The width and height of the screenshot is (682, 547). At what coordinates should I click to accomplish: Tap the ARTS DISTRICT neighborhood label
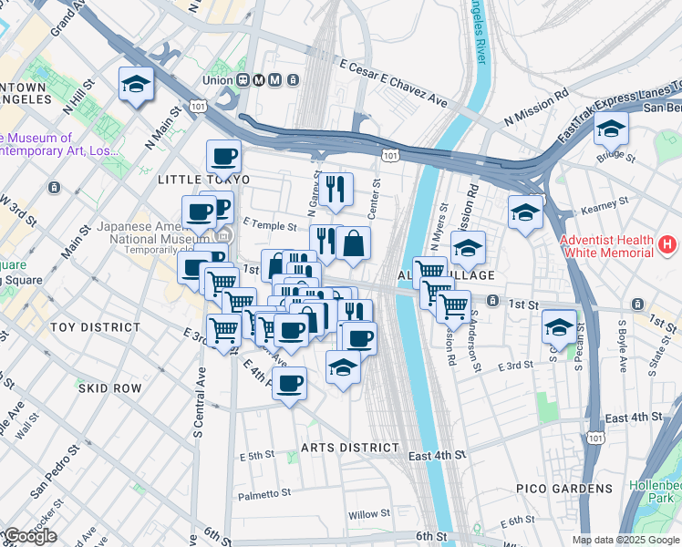[350, 448]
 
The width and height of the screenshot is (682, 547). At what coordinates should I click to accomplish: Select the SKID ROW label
[109, 388]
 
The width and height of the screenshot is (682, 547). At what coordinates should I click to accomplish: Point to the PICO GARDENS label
[563, 489]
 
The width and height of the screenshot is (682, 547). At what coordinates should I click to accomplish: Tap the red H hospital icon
[668, 245]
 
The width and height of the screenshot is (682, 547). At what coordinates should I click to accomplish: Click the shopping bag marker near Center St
[354, 244]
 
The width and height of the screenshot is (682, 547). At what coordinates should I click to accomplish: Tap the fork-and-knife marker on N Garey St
[336, 189]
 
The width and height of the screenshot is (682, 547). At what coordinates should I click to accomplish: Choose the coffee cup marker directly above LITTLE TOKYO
[223, 157]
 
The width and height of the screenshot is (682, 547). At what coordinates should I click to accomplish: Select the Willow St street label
[369, 514]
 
